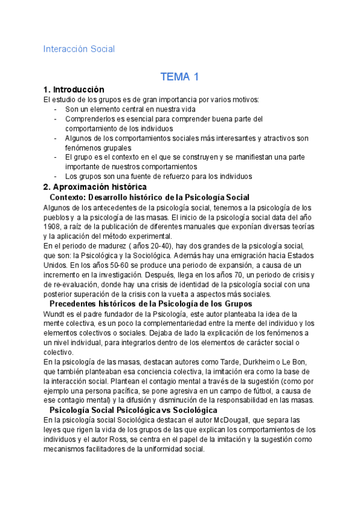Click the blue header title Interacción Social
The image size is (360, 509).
(x=79, y=49)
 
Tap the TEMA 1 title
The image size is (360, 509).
(x=179, y=77)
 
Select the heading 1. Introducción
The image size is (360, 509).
(x=74, y=89)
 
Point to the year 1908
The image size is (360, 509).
(x=53, y=226)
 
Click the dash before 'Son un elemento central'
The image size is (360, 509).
(x=56, y=109)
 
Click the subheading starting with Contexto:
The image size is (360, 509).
(x=149, y=197)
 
